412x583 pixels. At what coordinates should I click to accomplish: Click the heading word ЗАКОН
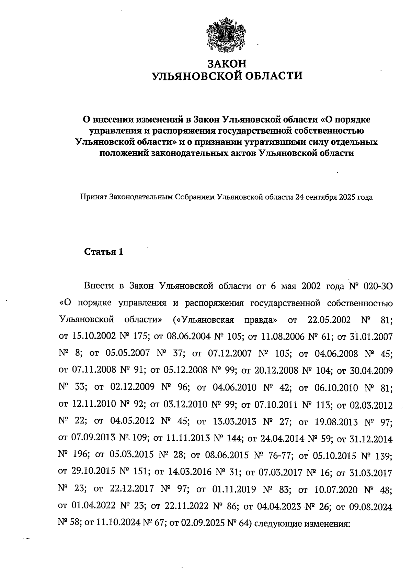[227, 64]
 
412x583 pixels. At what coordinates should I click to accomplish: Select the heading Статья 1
[104, 252]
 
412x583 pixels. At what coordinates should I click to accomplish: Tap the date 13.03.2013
[234, 422]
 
